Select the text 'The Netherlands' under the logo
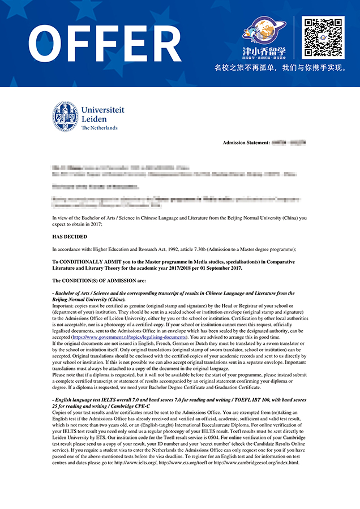(100, 128)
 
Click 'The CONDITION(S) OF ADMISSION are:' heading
(99, 281)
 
